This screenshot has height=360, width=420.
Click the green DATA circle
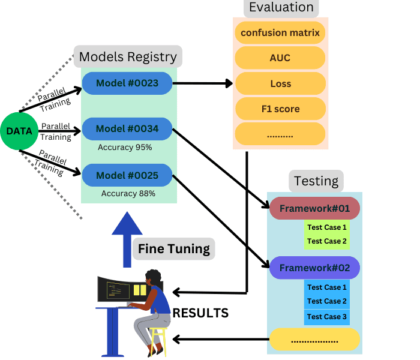pyautogui.click(x=19, y=131)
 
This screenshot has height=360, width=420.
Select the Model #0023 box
pyautogui.click(x=127, y=83)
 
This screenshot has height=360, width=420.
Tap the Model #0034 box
pyautogui.click(x=127, y=129)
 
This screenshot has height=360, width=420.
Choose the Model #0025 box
pyautogui.click(x=127, y=175)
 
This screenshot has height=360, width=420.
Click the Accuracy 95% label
pyautogui.click(x=125, y=147)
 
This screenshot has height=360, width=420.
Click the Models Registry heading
pyautogui.click(x=128, y=57)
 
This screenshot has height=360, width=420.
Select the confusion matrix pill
pyautogui.click(x=280, y=32)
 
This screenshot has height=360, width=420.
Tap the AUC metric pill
pyautogui.click(x=280, y=58)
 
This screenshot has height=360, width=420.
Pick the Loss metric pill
pyautogui.click(x=280, y=84)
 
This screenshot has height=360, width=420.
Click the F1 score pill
pyautogui.click(x=280, y=109)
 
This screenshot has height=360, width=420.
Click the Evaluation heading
pyautogui.click(x=280, y=8)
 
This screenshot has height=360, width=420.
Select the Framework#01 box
pyautogui.click(x=314, y=208)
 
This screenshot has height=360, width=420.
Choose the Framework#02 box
pyautogui.click(x=314, y=268)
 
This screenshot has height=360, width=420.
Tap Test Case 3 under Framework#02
pyautogui.click(x=327, y=316)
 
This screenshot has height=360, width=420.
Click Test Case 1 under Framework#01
pyautogui.click(x=327, y=227)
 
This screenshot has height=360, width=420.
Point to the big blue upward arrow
pyautogui.click(x=127, y=240)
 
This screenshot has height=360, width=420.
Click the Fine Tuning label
pyautogui.click(x=174, y=248)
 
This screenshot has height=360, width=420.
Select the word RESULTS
pyautogui.click(x=200, y=313)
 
